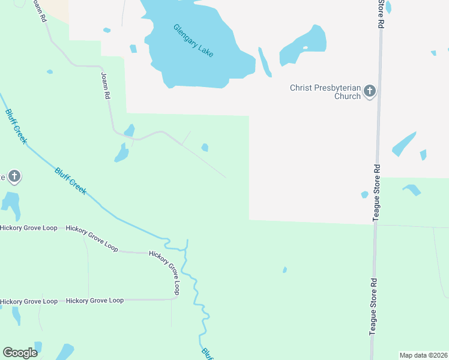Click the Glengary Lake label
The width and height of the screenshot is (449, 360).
(x=193, y=40)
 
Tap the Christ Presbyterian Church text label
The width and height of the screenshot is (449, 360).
(x=325, y=92)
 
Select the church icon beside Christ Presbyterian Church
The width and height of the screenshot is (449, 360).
(x=370, y=91)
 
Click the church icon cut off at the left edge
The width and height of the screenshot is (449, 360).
(x=14, y=176)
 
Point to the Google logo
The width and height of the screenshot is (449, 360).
(x=20, y=353)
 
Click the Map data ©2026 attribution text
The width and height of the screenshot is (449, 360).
(x=423, y=355)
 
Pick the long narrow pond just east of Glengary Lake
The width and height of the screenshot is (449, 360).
(x=265, y=62)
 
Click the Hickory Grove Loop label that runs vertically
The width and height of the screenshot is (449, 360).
(x=173, y=273)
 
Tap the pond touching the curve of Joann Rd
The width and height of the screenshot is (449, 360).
(x=129, y=130)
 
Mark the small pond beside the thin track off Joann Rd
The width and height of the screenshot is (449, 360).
(x=205, y=147)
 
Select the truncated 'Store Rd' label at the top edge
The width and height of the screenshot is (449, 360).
(x=381, y=13)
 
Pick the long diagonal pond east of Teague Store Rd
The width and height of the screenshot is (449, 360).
(x=404, y=144)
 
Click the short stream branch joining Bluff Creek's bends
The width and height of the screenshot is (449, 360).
(x=187, y=246)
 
